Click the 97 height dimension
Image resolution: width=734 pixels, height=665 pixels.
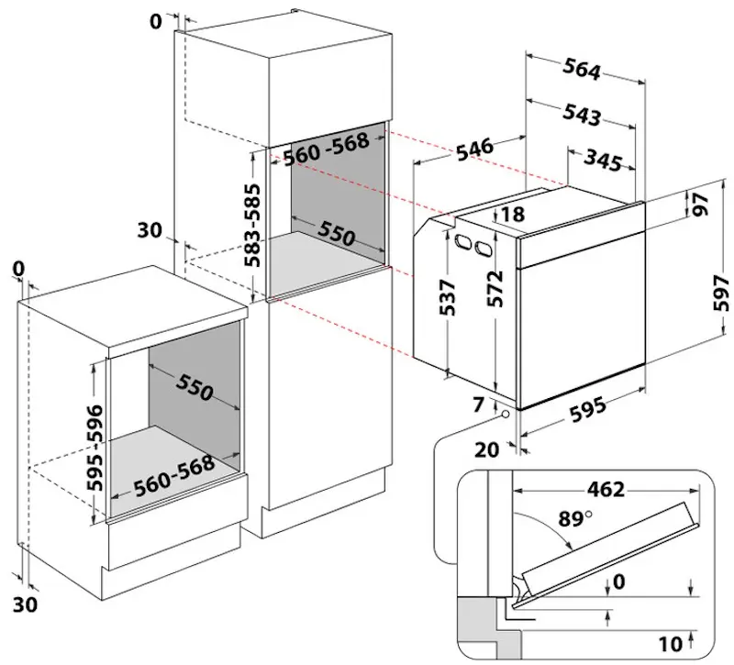tap(702, 205)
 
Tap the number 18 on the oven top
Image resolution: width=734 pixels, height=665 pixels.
tap(513, 216)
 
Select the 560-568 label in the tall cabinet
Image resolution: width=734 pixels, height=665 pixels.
tap(326, 150)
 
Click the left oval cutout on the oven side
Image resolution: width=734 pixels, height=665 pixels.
tap(459, 241)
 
